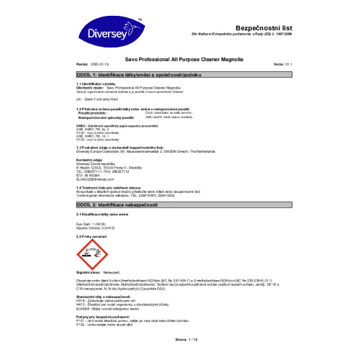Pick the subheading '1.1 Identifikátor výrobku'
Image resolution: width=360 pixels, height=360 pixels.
96,84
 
